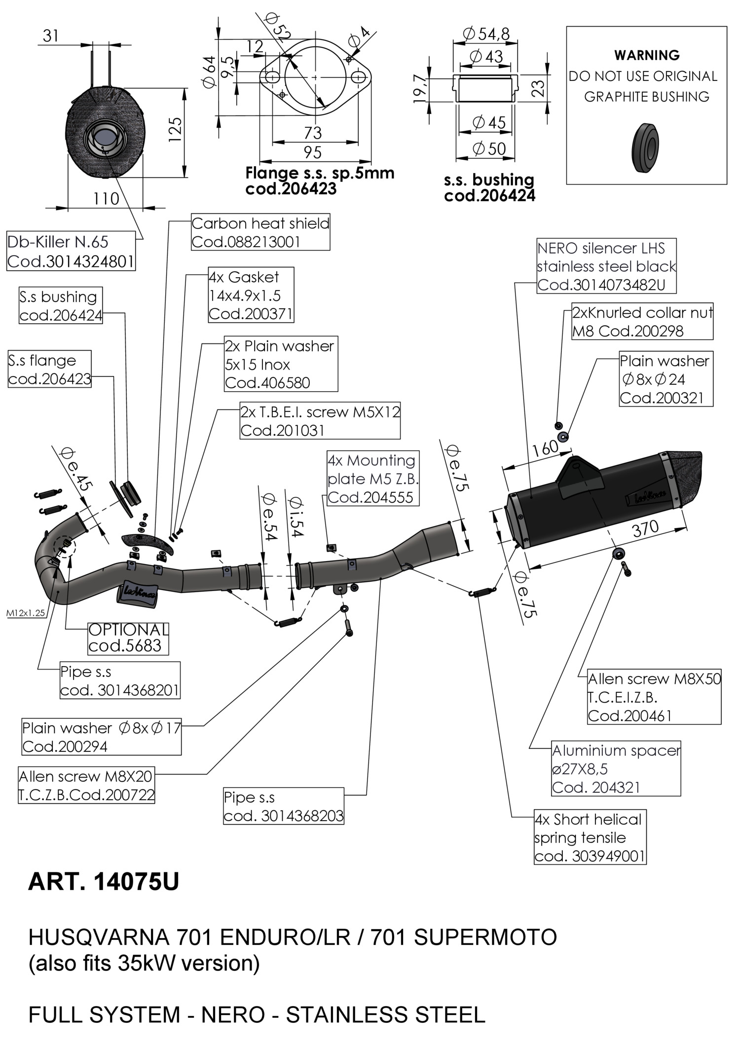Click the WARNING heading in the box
(x=646, y=55)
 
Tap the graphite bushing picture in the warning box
(x=645, y=148)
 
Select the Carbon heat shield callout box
(x=260, y=232)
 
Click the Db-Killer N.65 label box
(x=71, y=251)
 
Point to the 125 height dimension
(x=175, y=129)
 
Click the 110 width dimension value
(x=106, y=199)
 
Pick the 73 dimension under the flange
(x=313, y=133)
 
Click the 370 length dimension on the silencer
(x=645, y=529)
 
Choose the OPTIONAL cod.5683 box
(x=128, y=638)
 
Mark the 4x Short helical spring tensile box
(x=590, y=837)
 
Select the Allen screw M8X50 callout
(x=654, y=697)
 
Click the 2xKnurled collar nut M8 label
(x=642, y=321)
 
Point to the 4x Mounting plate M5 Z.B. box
(x=373, y=478)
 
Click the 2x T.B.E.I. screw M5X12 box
(x=320, y=421)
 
